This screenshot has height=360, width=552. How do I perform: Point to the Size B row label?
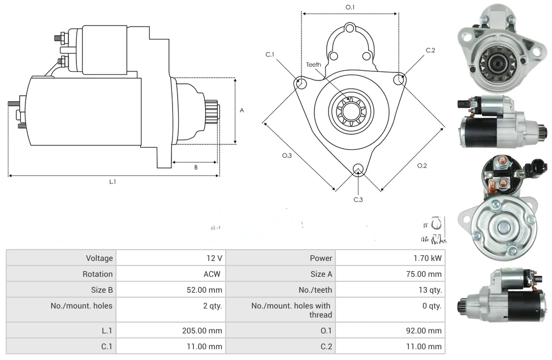pos(102,290)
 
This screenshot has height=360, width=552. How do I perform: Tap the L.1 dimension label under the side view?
pos(113,182)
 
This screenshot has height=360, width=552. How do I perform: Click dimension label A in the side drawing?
pos(241,110)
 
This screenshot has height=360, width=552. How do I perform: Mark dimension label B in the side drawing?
pos(196,168)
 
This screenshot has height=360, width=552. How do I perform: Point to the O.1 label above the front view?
pos(350,7)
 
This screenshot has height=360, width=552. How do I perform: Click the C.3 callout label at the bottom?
pos(358,199)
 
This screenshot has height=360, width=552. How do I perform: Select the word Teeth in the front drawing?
pos(313,65)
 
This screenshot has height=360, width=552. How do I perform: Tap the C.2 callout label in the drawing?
pos(430,50)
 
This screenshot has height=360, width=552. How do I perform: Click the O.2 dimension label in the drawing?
pos(421,165)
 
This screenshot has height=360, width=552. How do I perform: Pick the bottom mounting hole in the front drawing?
pos(357,169)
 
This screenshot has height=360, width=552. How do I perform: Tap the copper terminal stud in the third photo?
pos(501,183)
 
